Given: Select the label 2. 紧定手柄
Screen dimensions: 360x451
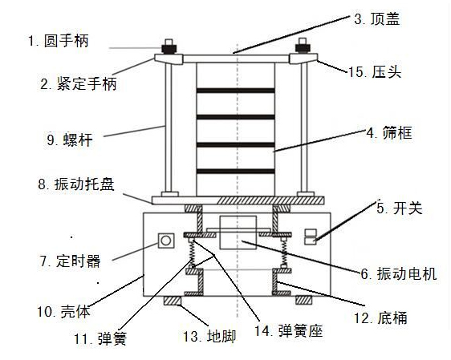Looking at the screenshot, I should tap(79, 83).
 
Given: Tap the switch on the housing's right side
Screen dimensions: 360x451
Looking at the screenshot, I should tap(309, 236).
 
